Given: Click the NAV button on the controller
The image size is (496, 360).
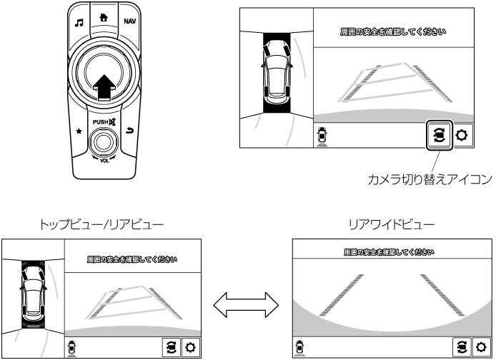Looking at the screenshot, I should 129,21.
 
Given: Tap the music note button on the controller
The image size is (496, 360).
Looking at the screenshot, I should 80,22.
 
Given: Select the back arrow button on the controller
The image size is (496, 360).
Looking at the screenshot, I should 129,130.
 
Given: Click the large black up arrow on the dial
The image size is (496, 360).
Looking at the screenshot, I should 104,85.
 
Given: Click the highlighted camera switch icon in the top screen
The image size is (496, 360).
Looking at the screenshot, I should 437,135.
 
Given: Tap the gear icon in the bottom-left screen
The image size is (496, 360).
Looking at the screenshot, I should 191,346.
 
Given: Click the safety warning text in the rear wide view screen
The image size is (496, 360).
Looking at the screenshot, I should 390,252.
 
